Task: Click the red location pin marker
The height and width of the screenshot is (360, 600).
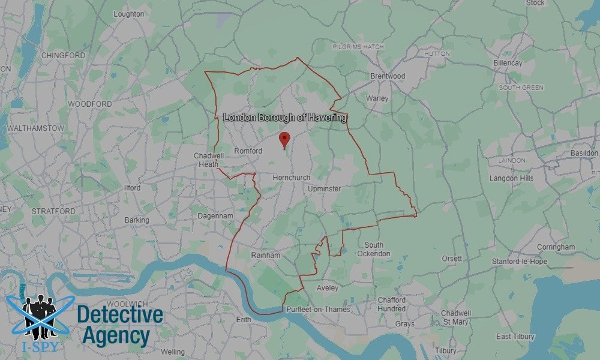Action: point(285,140)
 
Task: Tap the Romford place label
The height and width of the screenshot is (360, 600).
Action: point(248,151)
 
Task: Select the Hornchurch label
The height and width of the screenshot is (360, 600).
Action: point(291,178)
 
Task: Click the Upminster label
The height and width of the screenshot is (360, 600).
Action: point(324,189)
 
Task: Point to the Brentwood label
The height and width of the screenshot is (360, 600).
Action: point(387,76)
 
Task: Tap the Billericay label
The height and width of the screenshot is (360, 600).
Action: point(508,63)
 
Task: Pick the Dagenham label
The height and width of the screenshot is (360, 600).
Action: point(215,215)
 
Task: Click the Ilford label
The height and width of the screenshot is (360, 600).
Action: point(132,188)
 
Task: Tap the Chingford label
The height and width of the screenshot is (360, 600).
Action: point(62,55)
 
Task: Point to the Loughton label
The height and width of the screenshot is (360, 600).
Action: point(129,14)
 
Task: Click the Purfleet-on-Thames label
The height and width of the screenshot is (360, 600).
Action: point(318,308)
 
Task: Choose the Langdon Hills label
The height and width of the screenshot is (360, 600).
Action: point(512,178)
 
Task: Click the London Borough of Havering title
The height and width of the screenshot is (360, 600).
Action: point(284,118)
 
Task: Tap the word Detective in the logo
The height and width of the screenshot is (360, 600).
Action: point(120,315)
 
